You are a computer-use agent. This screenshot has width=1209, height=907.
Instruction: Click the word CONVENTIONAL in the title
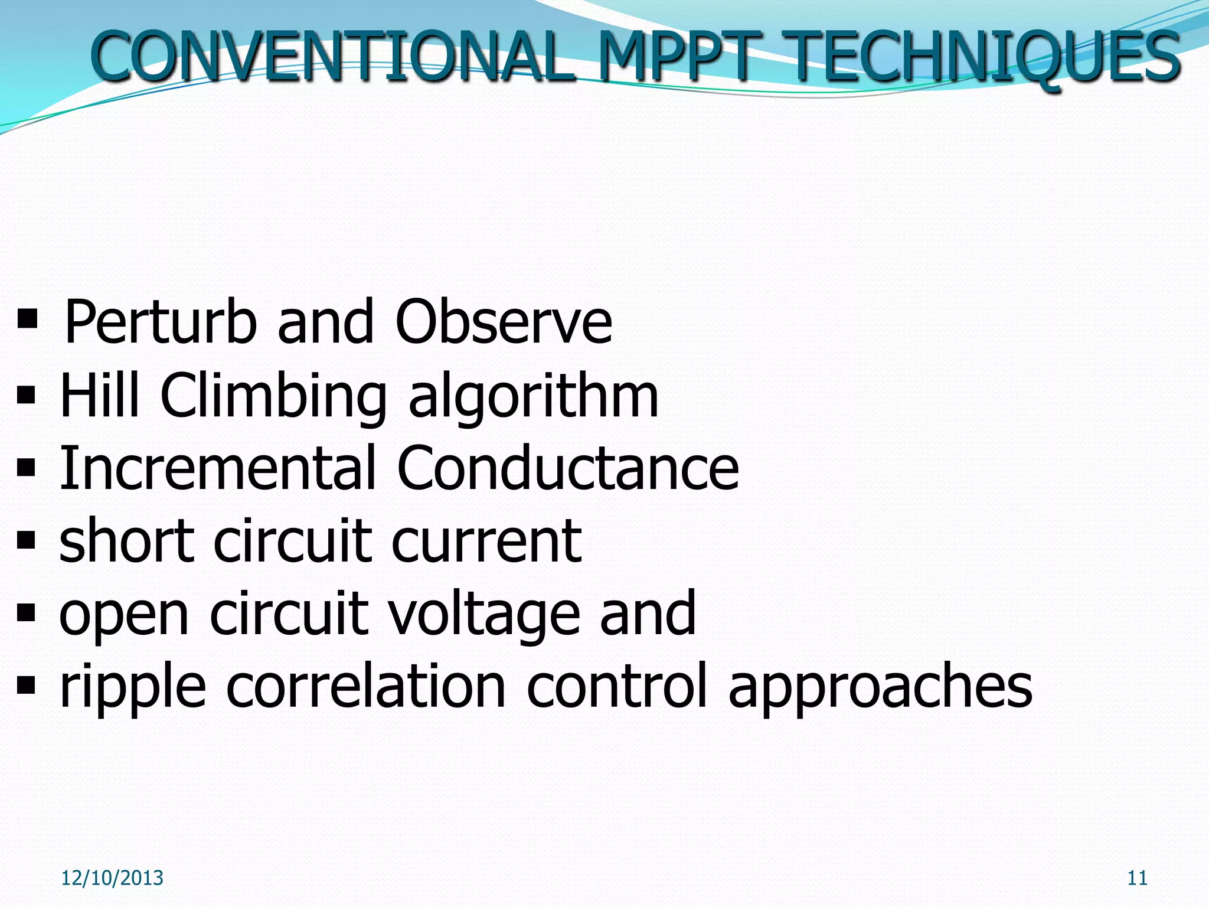(334, 57)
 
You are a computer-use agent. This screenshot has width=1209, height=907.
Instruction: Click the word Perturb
(160, 322)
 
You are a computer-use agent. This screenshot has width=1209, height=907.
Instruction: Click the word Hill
(100, 395)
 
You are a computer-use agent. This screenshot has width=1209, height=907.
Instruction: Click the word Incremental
(218, 468)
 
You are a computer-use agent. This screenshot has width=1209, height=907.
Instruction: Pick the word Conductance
(568, 468)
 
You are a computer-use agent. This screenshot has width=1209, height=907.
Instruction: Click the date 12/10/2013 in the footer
(112, 878)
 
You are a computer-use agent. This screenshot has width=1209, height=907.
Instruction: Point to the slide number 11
(1137, 878)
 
